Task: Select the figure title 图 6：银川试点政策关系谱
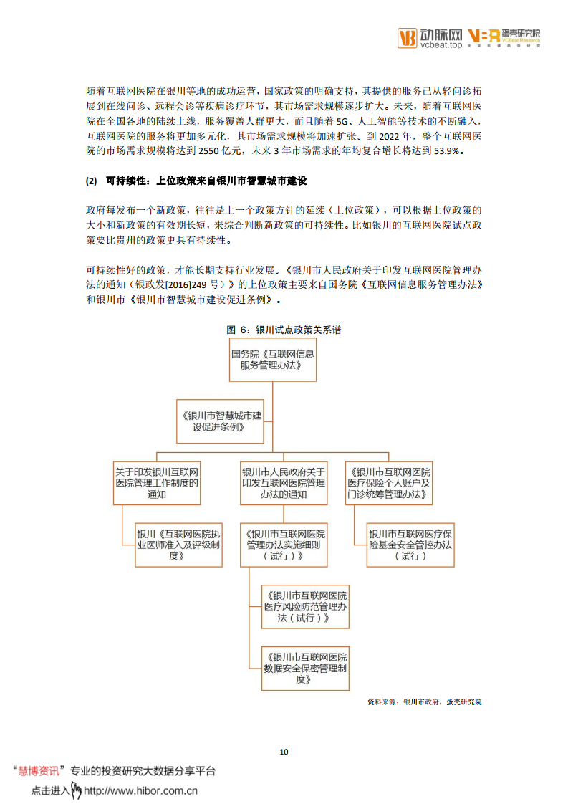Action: [284, 330]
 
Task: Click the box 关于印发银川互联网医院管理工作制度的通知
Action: [157, 483]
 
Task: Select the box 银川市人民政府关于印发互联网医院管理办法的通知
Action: [284, 483]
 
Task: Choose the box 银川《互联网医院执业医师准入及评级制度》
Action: [179, 545]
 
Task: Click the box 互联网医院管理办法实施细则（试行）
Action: [284, 545]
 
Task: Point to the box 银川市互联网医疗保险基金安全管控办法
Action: [410, 545]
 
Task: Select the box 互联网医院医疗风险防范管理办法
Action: [305, 606]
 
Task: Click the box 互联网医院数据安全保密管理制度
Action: [305, 667]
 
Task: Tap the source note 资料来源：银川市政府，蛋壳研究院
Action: [424, 702]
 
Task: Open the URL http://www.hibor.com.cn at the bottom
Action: [140, 791]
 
